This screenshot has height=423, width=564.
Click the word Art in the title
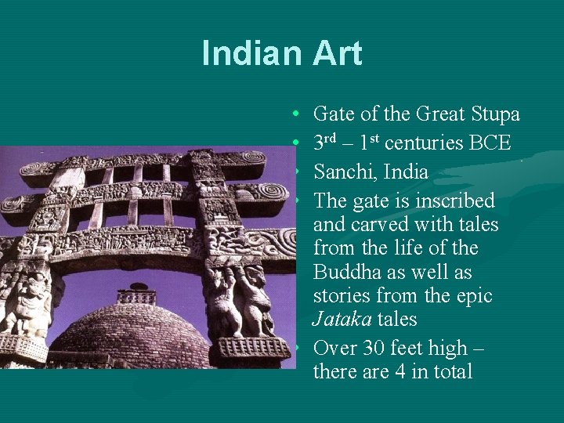[337, 53]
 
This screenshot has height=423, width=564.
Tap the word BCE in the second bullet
[490, 143]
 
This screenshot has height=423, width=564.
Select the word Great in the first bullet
[439, 114]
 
